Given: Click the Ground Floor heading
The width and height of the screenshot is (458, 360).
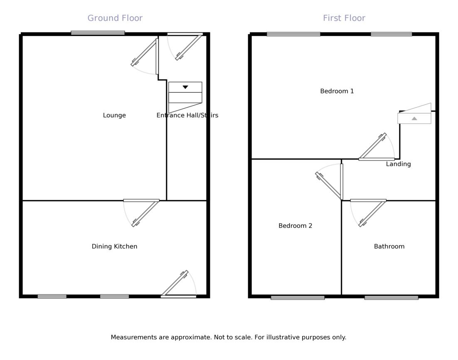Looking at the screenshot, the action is [x=115, y=18].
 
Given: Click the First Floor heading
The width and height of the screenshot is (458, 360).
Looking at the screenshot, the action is [x=344, y=18].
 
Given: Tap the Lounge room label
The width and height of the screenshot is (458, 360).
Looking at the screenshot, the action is [x=114, y=116].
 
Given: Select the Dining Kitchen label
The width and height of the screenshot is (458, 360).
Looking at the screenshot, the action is [x=114, y=247].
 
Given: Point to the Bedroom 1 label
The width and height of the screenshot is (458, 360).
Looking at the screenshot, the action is [x=337, y=91].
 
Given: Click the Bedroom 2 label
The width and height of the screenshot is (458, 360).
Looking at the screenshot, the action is [x=295, y=226].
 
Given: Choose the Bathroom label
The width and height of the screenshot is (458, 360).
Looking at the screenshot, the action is [x=389, y=247].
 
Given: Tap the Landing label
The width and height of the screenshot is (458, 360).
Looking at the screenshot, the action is [x=398, y=164].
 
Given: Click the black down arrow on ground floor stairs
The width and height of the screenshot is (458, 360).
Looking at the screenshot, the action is [x=185, y=87].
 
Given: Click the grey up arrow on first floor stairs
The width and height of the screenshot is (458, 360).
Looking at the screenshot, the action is [x=414, y=118].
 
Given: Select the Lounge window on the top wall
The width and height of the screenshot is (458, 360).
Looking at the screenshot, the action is [x=98, y=33].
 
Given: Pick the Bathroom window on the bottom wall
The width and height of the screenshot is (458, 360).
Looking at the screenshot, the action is [x=391, y=297].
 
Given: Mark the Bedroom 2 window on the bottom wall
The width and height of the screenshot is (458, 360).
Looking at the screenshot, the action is [x=298, y=297].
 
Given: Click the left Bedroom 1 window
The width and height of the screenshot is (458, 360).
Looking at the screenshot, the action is [x=293, y=34].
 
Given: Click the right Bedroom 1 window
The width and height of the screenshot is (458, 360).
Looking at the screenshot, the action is [x=391, y=34].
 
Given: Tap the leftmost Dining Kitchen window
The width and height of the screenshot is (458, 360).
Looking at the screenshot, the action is [x=52, y=296].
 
